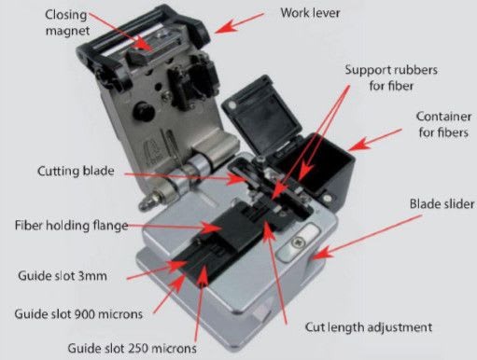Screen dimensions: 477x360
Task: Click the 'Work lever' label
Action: click(310, 13)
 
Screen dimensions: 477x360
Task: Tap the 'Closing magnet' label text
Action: click(67, 22)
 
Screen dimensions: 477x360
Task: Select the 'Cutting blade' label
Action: click(76, 171)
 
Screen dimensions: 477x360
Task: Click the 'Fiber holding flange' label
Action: click(72, 225)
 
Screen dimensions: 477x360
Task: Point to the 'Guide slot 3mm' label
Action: click(63, 276)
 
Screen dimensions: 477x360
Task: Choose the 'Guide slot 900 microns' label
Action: click(78, 314)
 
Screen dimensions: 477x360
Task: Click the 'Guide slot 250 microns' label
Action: click(132, 348)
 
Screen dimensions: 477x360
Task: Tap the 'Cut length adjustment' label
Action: click(369, 327)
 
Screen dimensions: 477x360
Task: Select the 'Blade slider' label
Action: click(442, 204)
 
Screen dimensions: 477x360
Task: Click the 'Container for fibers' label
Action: click(443, 124)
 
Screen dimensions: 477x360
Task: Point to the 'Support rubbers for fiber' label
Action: click(391, 77)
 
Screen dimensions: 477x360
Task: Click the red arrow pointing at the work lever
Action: click(239, 22)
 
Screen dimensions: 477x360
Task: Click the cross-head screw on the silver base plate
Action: click(300, 242)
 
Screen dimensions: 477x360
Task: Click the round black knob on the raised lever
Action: click(144, 111)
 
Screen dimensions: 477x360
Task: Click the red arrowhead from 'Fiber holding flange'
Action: click(212, 228)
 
